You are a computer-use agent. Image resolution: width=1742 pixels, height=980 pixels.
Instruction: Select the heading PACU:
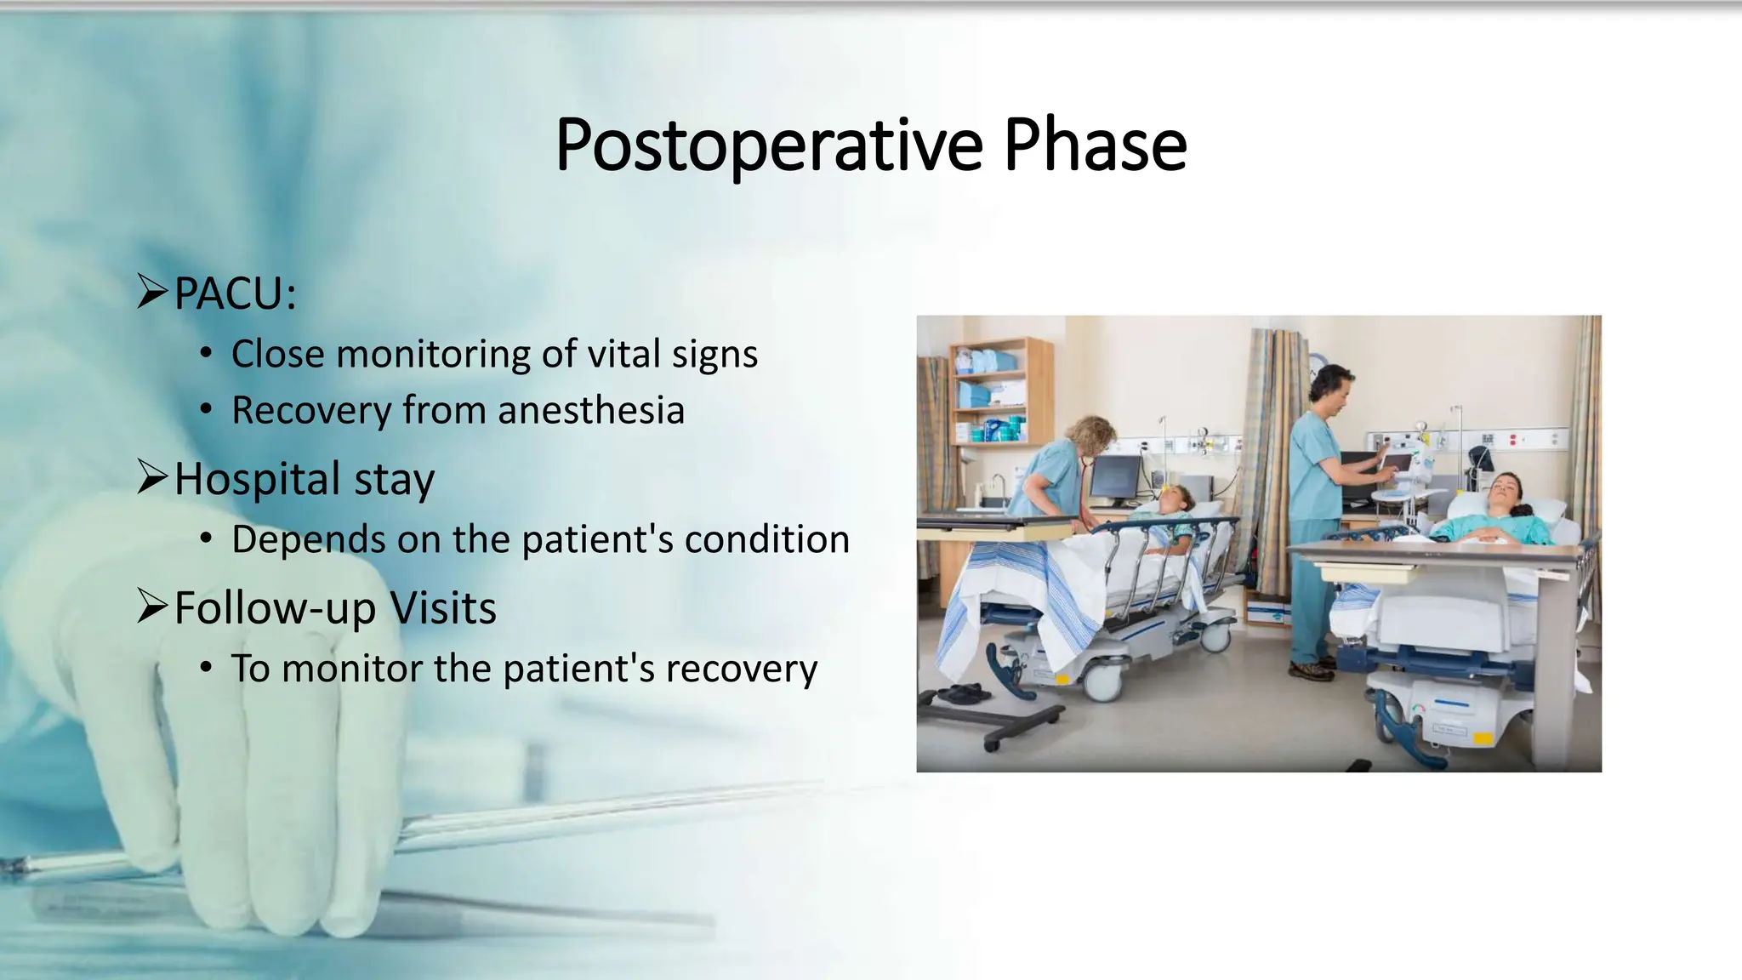point(236,294)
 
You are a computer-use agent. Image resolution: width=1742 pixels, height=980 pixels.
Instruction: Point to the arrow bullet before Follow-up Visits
point(153,607)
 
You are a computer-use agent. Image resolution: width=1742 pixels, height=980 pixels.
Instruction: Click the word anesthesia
point(591,410)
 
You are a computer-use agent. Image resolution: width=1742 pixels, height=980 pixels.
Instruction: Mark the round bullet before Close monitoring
point(206,354)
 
